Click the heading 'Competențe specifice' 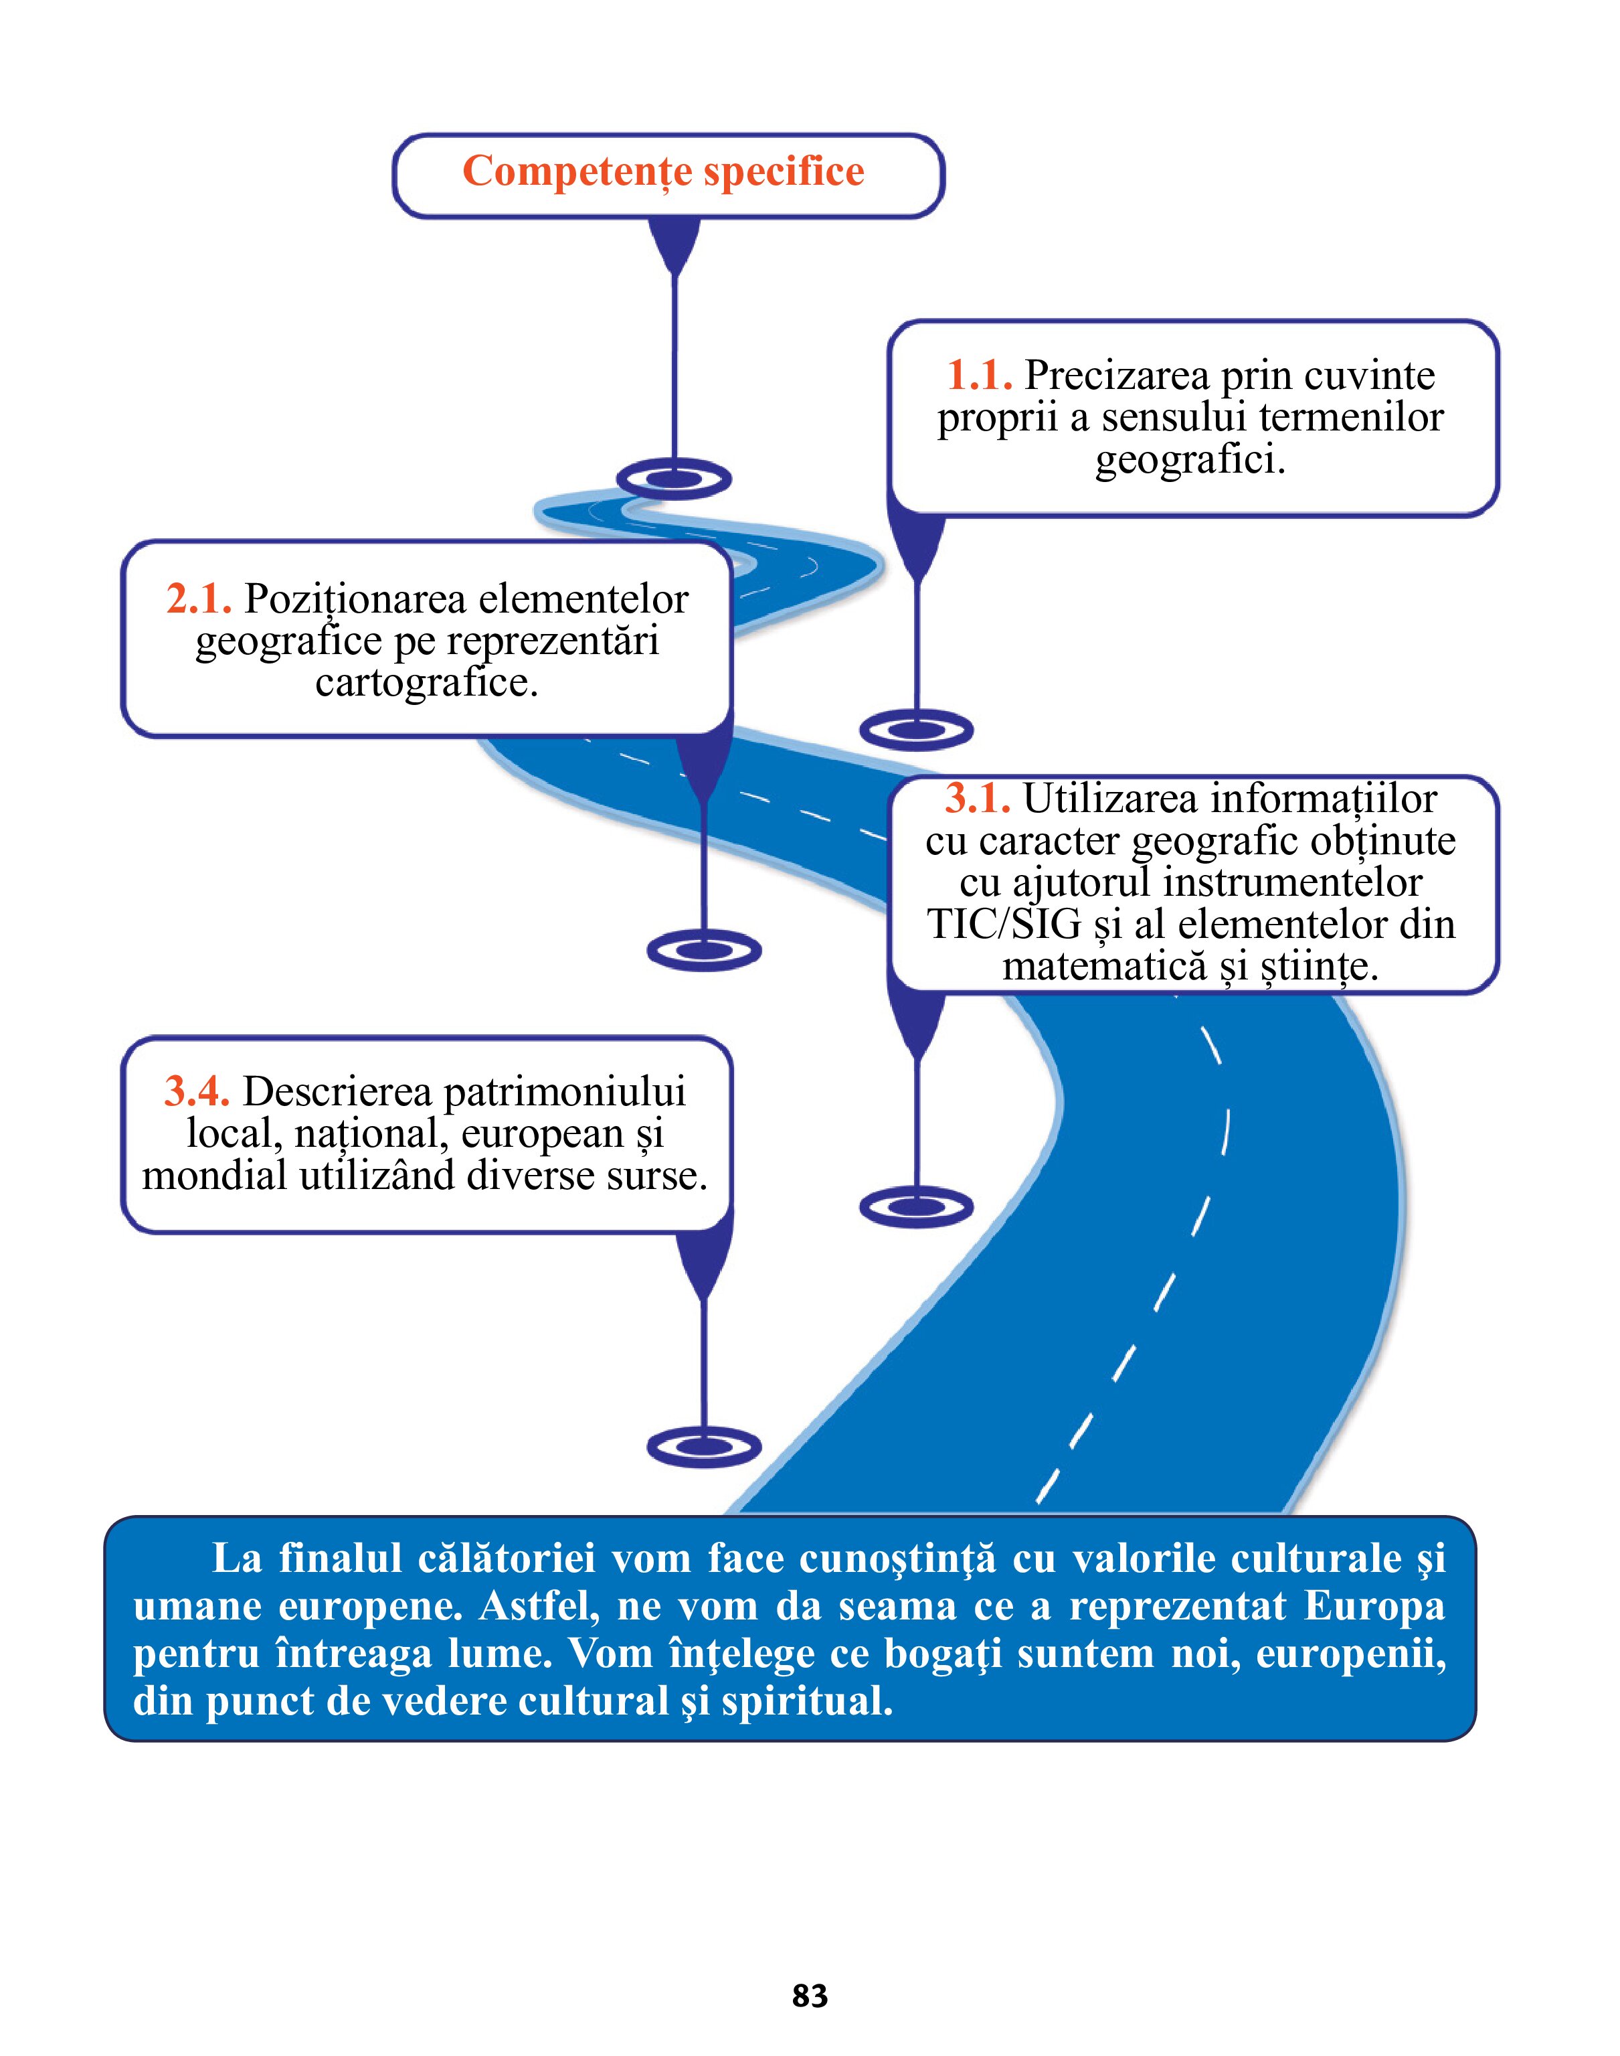tap(663, 173)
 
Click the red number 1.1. tap(979, 376)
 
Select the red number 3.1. tap(977, 799)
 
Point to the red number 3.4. tap(196, 1091)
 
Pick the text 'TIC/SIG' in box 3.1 tap(1004, 924)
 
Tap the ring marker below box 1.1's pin tap(916, 730)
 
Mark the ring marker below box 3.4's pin tap(704, 1447)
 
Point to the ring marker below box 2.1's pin tap(704, 950)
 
